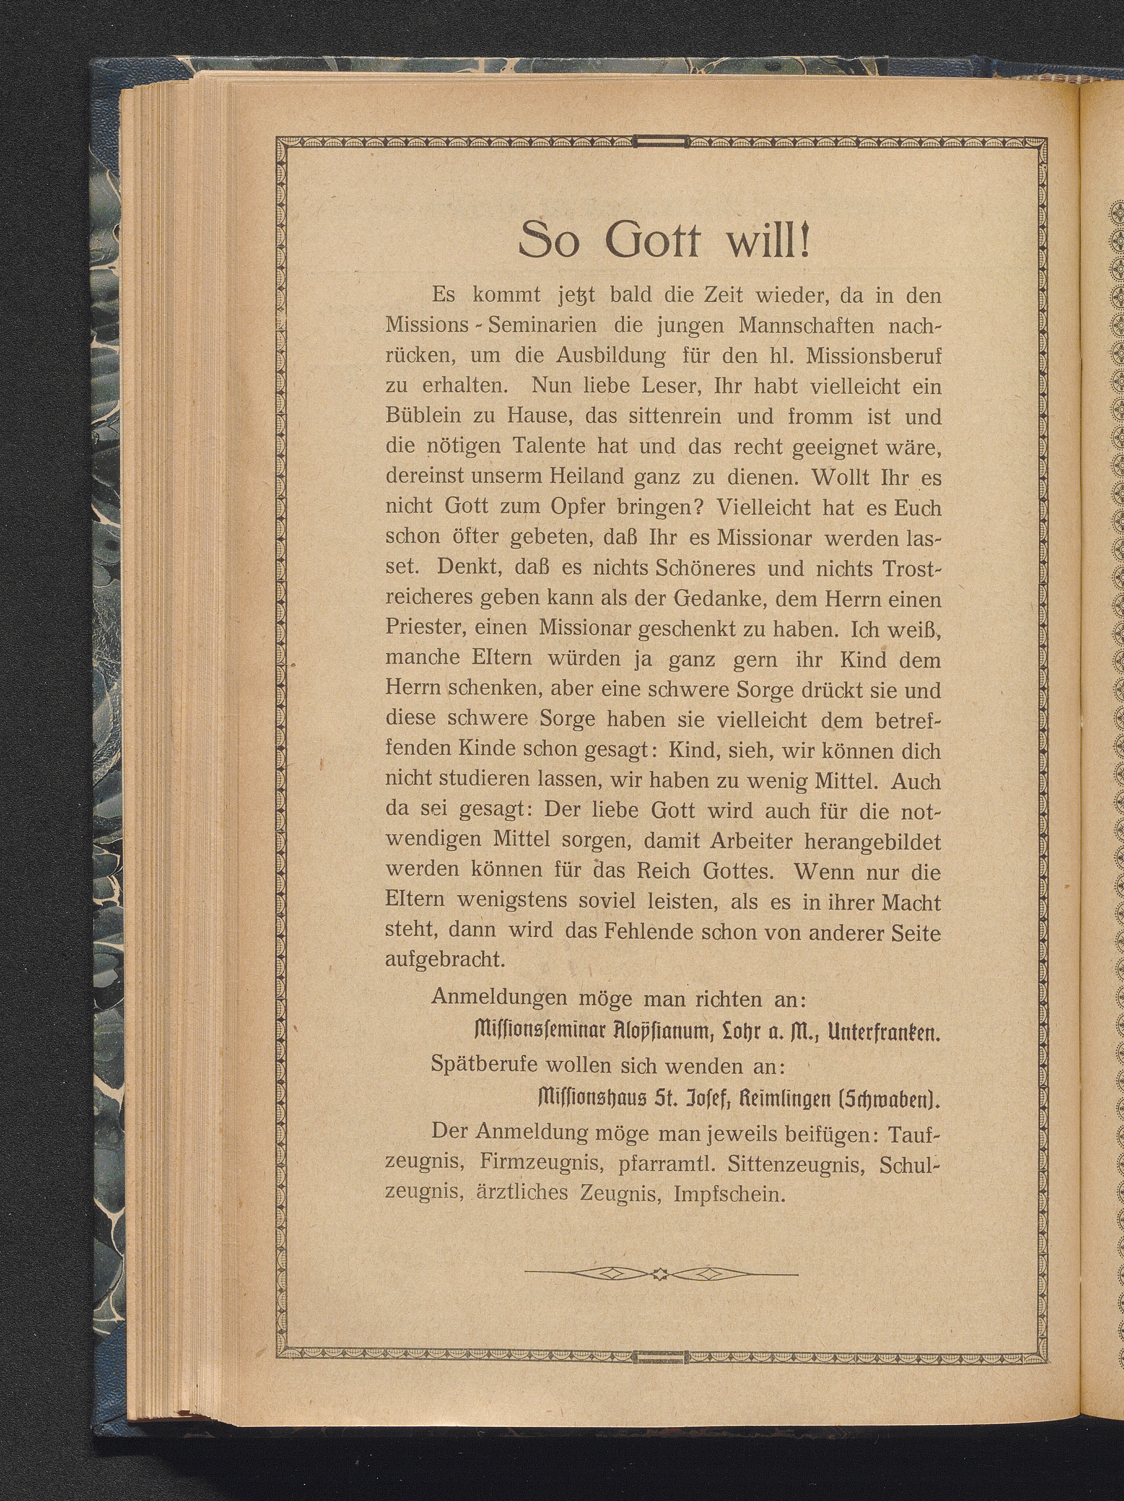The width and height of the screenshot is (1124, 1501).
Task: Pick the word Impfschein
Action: click(x=730, y=1193)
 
